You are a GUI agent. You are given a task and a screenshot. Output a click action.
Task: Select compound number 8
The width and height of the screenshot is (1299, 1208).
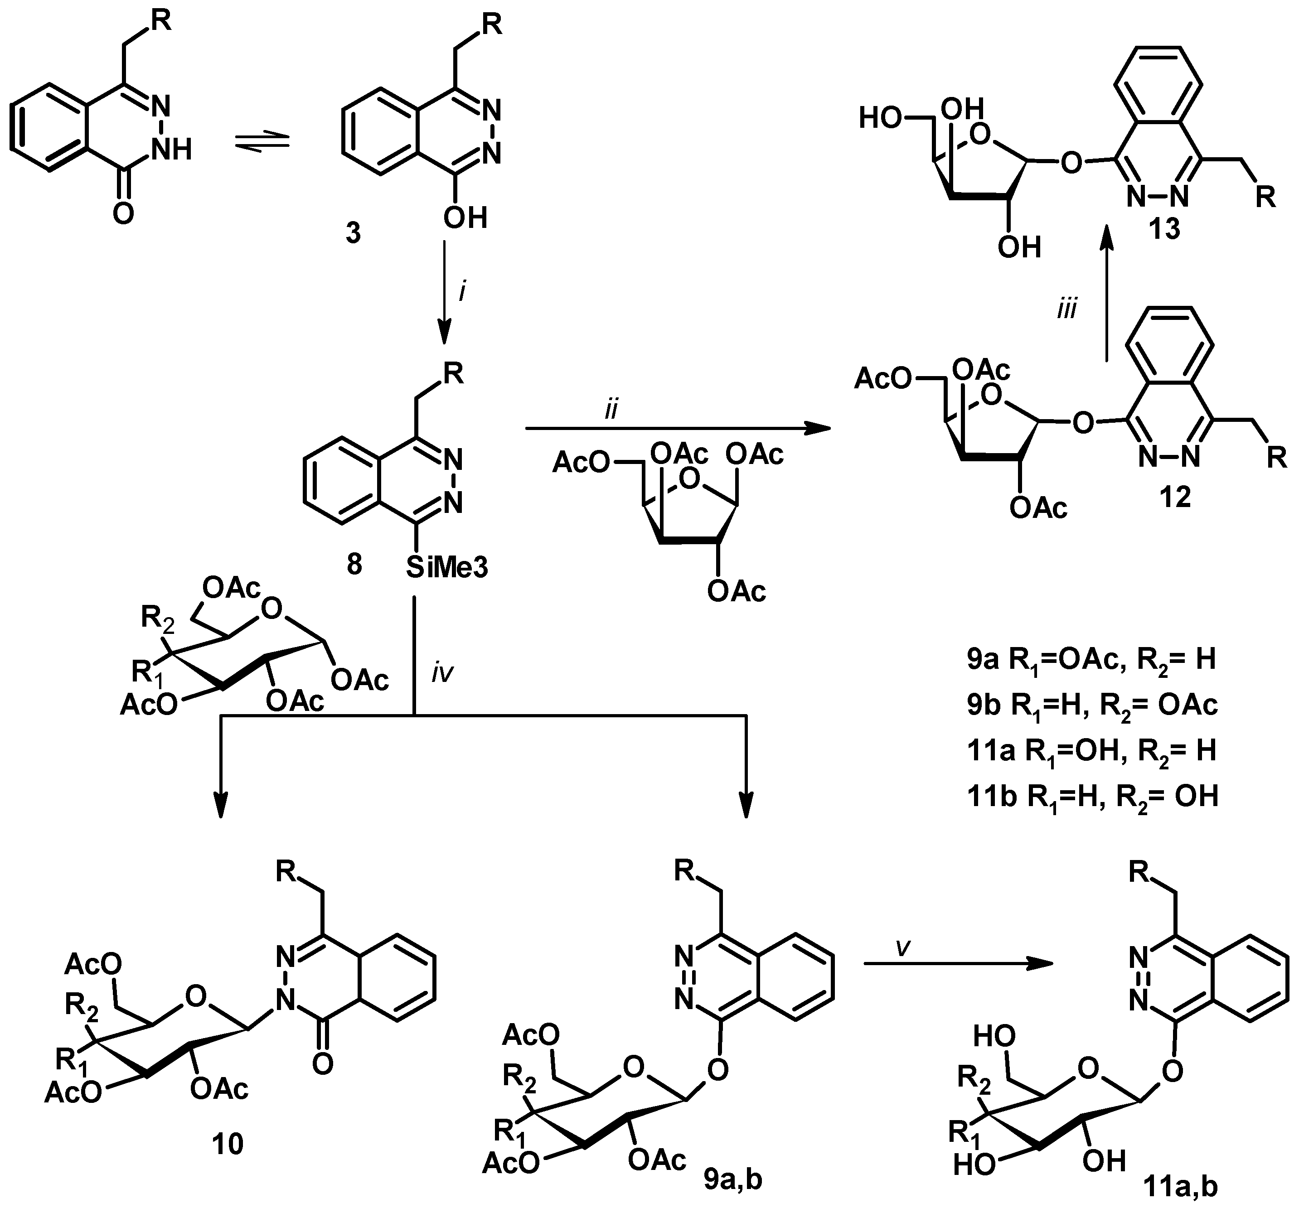click(x=354, y=563)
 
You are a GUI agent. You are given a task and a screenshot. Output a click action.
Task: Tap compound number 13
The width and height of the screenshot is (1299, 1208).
click(x=1164, y=229)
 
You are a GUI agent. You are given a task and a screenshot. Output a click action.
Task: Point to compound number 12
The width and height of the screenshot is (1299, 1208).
click(x=1174, y=498)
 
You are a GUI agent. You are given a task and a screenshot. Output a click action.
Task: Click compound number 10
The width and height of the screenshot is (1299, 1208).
click(x=228, y=1143)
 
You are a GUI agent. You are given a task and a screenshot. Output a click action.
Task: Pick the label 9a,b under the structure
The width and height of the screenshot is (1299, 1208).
click(x=732, y=1179)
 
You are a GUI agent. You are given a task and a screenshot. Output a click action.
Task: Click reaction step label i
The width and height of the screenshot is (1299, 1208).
click(x=462, y=291)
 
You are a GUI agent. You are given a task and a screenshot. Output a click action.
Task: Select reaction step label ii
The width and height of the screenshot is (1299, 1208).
click(x=611, y=410)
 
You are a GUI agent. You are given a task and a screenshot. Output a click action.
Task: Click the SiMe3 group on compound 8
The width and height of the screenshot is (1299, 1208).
click(x=447, y=568)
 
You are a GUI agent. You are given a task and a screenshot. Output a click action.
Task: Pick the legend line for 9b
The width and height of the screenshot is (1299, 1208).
click(x=1092, y=705)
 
